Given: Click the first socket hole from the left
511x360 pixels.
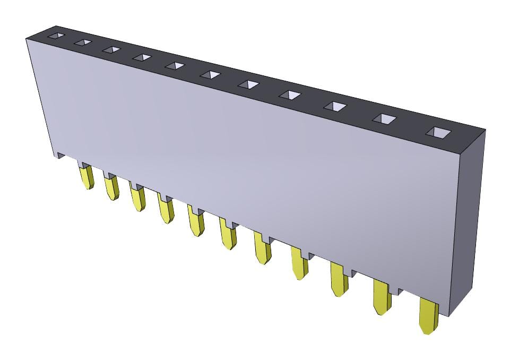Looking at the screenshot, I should tap(56, 36).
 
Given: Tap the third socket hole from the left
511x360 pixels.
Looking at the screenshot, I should tap(111, 50).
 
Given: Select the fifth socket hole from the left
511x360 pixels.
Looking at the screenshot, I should tap(175, 66).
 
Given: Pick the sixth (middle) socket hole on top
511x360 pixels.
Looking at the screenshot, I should tap(210, 75).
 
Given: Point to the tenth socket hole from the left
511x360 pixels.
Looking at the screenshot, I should tap(384, 119).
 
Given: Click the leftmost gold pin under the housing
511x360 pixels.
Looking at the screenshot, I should tap(86, 177).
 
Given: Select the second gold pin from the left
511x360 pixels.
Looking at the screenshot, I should tap(111, 188).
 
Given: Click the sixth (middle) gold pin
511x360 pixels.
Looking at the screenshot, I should tap(229, 236).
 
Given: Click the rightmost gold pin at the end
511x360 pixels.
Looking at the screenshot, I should tap(428, 317).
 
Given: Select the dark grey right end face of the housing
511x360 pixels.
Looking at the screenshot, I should tap(470, 223).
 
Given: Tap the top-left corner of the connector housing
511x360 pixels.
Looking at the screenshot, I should tap(28, 38).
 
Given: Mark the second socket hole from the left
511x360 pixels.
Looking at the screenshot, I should tap(83, 42).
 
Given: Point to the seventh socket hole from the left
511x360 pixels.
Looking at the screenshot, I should tap(248, 84).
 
